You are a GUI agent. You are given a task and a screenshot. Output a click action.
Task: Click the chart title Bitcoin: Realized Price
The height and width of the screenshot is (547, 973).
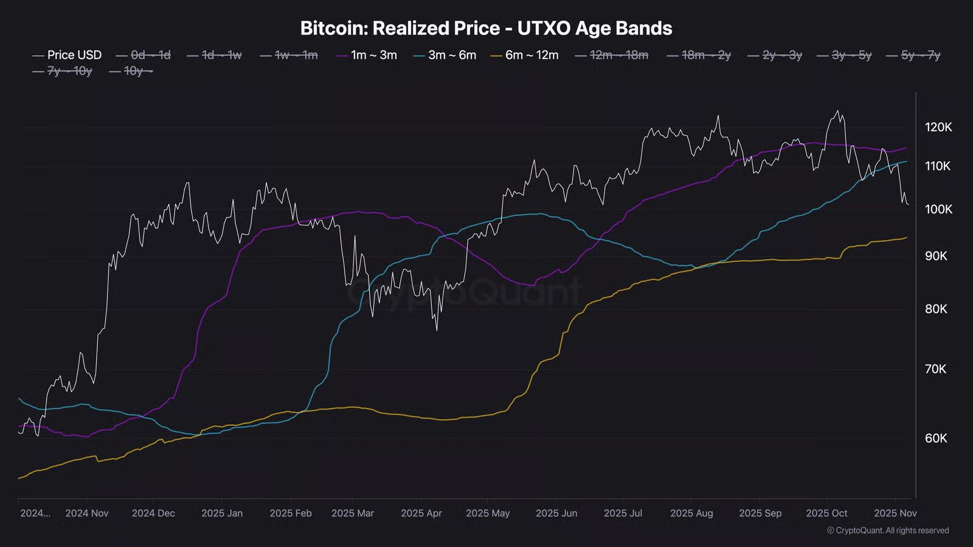(x=486, y=28)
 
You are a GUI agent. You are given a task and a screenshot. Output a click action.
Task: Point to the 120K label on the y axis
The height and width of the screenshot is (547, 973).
(x=938, y=127)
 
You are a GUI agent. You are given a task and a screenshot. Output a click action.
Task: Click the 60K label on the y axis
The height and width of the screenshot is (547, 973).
(x=935, y=438)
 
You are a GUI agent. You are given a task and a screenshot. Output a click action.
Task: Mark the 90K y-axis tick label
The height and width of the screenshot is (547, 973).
(x=935, y=256)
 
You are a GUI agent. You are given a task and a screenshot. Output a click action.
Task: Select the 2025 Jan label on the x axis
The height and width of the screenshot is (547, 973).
(x=222, y=513)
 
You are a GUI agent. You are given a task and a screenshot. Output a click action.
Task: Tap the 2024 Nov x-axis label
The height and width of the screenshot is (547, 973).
(x=87, y=513)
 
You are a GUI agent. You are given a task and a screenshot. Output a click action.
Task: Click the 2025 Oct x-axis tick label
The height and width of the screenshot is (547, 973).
(x=826, y=513)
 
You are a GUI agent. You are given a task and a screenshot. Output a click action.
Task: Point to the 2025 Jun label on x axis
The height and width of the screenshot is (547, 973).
(x=556, y=513)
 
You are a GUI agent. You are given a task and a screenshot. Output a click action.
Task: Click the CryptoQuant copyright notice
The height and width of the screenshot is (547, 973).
(x=888, y=531)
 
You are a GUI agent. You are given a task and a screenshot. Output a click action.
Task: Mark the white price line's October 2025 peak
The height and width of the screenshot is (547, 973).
(x=838, y=111)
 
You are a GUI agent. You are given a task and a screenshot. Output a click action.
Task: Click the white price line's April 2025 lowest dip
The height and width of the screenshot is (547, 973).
(x=437, y=330)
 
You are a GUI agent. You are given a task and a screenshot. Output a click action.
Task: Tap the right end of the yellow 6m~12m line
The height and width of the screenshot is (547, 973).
(x=907, y=238)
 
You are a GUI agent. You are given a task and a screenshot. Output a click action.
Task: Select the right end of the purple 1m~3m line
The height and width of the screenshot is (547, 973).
(x=907, y=148)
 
